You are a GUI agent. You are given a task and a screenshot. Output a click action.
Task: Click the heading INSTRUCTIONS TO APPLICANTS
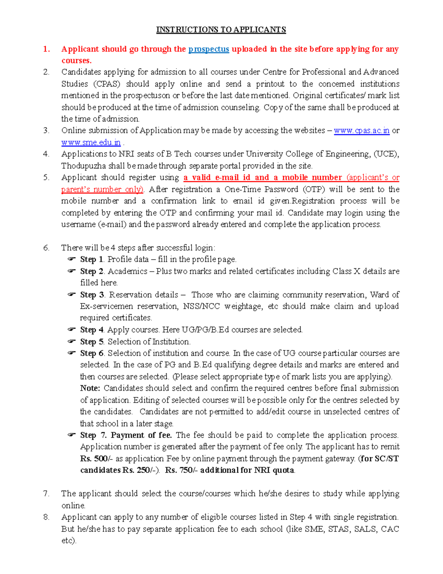[221, 30]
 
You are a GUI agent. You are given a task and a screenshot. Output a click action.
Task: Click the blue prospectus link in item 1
[209, 49]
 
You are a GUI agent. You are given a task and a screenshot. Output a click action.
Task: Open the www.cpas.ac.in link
[361, 130]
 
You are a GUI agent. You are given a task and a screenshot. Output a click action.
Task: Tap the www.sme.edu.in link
[91, 142]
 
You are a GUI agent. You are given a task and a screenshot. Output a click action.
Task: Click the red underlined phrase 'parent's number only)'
[102, 189]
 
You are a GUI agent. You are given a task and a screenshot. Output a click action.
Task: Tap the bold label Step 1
[92, 259]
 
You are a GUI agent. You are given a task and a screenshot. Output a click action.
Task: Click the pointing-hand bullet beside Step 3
[71, 295]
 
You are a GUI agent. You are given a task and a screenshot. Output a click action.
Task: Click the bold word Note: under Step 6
[90, 388]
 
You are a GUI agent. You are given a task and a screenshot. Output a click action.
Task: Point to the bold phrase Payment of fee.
[141, 435]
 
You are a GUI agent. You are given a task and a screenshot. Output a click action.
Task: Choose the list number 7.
[46, 494]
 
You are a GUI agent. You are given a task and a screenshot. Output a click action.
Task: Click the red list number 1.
[46, 49]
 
